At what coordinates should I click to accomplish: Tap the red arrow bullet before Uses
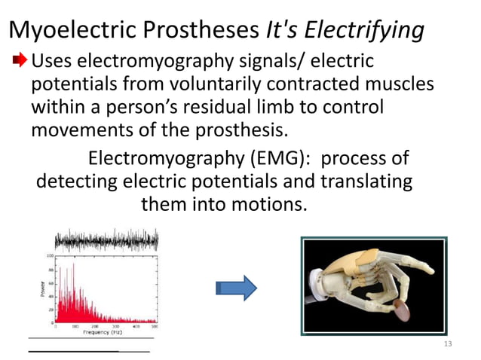[20, 59]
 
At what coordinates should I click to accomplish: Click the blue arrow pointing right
[235, 288]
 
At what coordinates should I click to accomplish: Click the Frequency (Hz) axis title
[104, 332]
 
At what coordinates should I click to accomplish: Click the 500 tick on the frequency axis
[155, 326]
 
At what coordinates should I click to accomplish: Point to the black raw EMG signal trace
[106, 239]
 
